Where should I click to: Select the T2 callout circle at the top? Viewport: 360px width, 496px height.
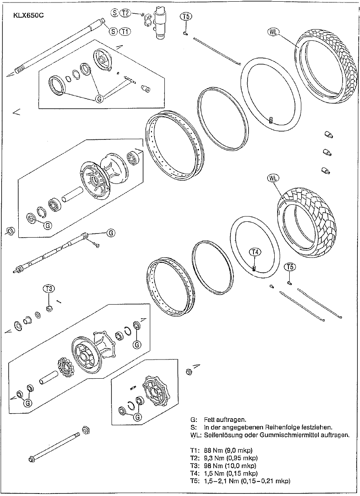coord(125,13)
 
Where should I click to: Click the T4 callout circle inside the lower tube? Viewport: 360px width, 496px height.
coord(255,252)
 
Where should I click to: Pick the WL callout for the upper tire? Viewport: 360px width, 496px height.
coord(273,32)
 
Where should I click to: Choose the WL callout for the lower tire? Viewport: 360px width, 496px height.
coord(273,178)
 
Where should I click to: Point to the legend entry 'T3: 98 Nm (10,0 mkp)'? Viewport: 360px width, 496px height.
coord(223,466)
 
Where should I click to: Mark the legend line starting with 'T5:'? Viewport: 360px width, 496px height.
coord(240,481)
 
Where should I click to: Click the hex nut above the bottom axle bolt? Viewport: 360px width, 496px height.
coord(87,429)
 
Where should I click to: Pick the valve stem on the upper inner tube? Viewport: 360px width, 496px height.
coord(270,121)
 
